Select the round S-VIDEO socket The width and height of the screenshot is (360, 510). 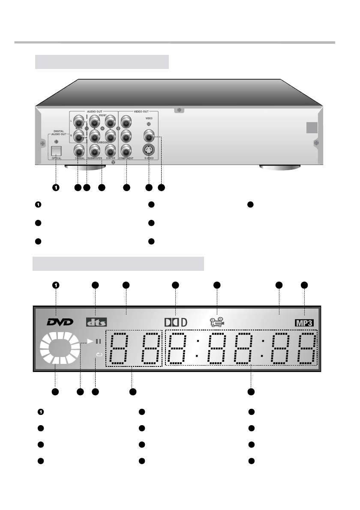(149, 150)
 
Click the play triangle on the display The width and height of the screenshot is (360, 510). (90, 341)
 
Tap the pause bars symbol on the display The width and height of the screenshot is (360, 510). (98, 342)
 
